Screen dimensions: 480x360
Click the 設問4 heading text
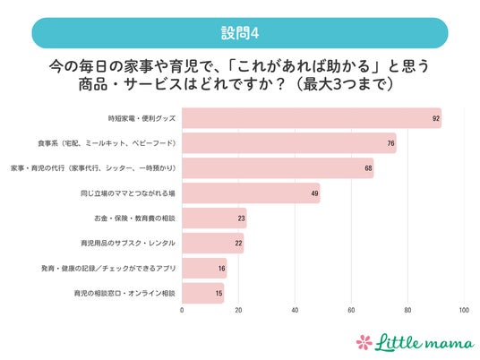click(x=240, y=33)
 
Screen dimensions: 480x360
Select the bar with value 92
click(x=312, y=118)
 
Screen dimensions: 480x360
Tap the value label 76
click(x=390, y=143)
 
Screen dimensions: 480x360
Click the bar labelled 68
click(x=278, y=168)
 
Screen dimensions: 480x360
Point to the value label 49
click(x=314, y=193)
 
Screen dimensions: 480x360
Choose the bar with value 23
click(x=214, y=219)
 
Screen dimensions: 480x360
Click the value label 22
click(x=238, y=244)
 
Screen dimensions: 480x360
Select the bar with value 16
click(x=204, y=268)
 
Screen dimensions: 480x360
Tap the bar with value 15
click(x=203, y=293)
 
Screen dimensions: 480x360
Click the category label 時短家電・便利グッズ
click(x=141, y=118)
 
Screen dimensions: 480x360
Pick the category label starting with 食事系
click(x=107, y=143)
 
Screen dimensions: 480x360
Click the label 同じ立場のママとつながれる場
click(x=128, y=193)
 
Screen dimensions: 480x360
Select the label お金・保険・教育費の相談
click(x=134, y=219)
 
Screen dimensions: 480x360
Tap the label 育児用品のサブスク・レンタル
click(x=128, y=244)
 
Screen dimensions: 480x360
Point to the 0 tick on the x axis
click(x=182, y=310)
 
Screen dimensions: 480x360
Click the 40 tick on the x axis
click(x=295, y=310)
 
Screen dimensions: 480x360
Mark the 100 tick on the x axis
click(x=464, y=310)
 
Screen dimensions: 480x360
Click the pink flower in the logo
click(x=364, y=342)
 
